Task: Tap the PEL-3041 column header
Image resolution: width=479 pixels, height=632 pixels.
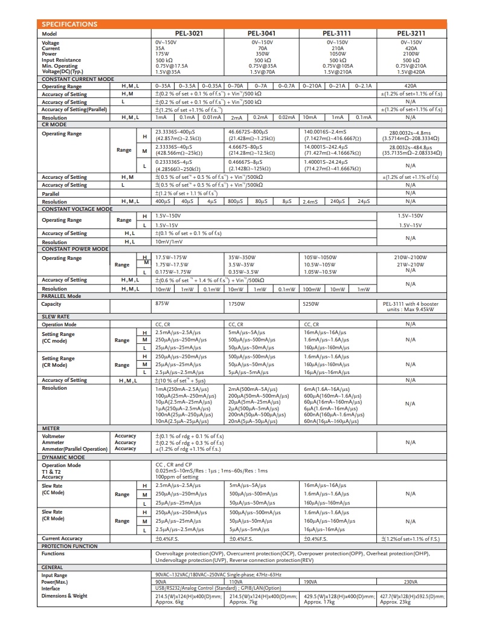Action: (262, 34)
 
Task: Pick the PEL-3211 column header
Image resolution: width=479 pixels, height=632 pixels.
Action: (411, 34)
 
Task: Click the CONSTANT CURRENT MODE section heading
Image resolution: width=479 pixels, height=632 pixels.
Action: (77, 79)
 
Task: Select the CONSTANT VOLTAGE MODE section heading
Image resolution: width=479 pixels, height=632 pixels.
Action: (77, 208)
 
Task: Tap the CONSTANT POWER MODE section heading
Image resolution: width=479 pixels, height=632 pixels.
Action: (74, 248)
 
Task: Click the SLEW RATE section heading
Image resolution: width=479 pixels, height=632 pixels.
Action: (55, 316)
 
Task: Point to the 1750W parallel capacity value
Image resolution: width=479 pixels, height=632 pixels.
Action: (237, 304)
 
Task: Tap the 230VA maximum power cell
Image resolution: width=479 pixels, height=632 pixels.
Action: (411, 582)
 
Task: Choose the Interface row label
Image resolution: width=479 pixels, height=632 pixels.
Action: (51, 588)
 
